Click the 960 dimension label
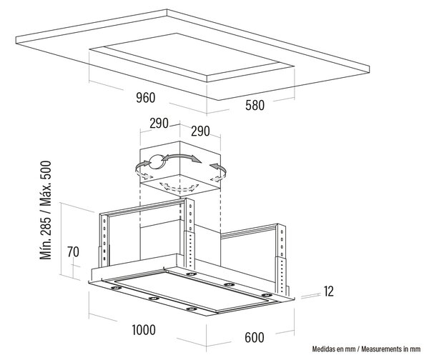pyautogui.click(x=146, y=98)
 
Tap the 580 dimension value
pyautogui.click(x=255, y=106)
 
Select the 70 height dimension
pyautogui.click(x=73, y=252)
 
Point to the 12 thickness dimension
pyautogui.click(x=329, y=291)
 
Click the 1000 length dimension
pyautogui.click(x=144, y=330)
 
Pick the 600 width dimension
pyautogui.click(x=255, y=338)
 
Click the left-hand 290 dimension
pyautogui.click(x=159, y=124)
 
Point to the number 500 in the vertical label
pyautogui.click(x=46, y=170)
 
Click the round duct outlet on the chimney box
pyautogui.click(x=157, y=162)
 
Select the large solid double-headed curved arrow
pyautogui.click(x=181, y=156)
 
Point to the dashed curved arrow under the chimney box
pyautogui.click(x=179, y=187)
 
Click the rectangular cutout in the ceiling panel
pyautogui.click(x=192, y=57)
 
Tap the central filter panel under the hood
pyautogui.click(x=192, y=291)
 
